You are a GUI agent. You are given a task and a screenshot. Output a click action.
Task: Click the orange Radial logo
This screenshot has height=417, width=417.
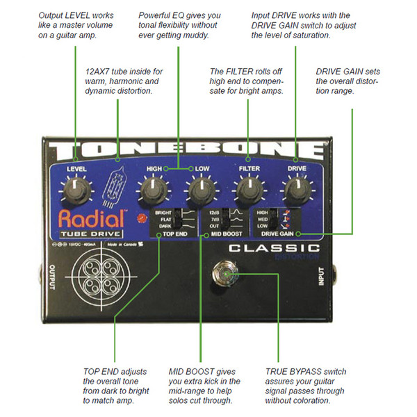click(x=87, y=218)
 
